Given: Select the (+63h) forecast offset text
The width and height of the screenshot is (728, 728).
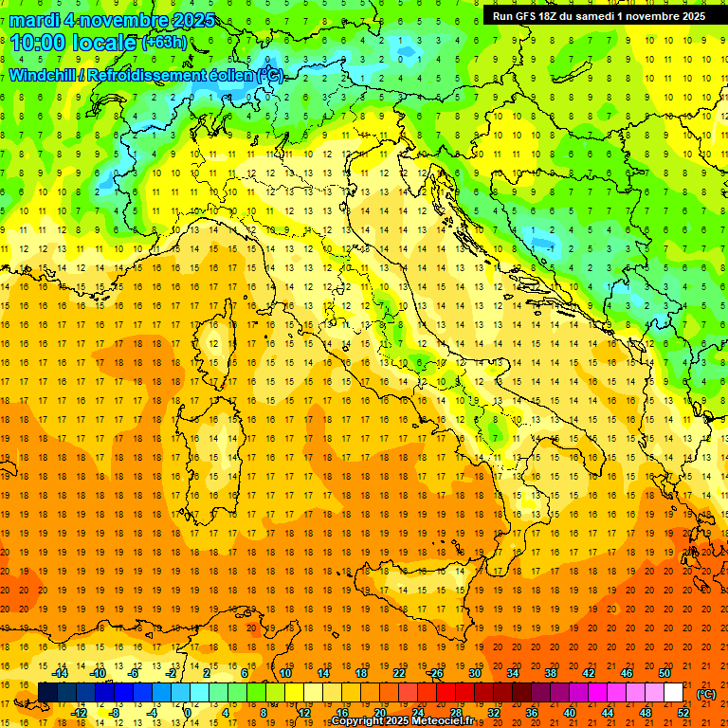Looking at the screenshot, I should point(164,43).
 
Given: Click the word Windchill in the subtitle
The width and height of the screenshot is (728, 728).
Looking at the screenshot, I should point(45,75).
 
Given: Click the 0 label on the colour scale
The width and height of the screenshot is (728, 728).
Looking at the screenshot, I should point(188,712).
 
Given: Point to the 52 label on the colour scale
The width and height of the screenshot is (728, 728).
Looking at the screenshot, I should point(682,712).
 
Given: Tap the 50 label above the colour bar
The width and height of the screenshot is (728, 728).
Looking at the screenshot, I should point(664,673).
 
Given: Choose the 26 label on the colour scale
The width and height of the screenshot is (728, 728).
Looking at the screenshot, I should point(436,673).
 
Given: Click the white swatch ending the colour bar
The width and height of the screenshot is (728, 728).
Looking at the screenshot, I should point(673,692).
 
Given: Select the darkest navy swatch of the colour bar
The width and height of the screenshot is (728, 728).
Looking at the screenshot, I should point(47,692).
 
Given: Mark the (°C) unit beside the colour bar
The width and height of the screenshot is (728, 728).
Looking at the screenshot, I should point(705,693).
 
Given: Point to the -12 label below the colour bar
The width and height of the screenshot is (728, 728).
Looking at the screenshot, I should point(79,712).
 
